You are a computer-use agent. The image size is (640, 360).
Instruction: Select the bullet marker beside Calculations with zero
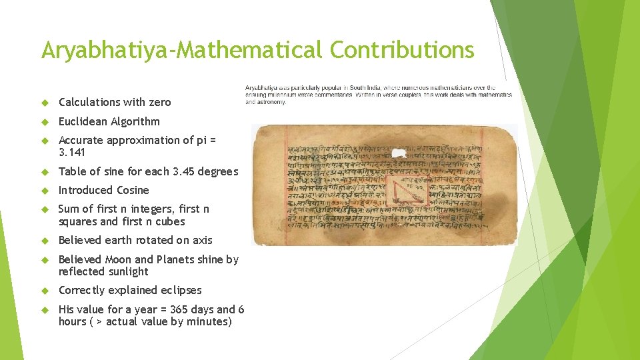click(x=45, y=102)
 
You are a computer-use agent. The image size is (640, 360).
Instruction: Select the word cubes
click(x=169, y=221)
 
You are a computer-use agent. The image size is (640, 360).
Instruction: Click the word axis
click(x=201, y=240)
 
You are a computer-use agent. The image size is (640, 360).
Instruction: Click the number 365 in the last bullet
click(x=179, y=309)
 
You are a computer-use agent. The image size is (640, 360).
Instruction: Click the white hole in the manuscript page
click(x=399, y=153)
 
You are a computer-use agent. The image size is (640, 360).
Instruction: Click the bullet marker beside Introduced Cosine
click(x=45, y=190)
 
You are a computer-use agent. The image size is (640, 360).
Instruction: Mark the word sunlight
click(x=127, y=271)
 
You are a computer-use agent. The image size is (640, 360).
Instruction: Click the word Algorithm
click(x=137, y=121)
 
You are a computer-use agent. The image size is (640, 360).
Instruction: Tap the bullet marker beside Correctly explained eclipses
click(x=45, y=290)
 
